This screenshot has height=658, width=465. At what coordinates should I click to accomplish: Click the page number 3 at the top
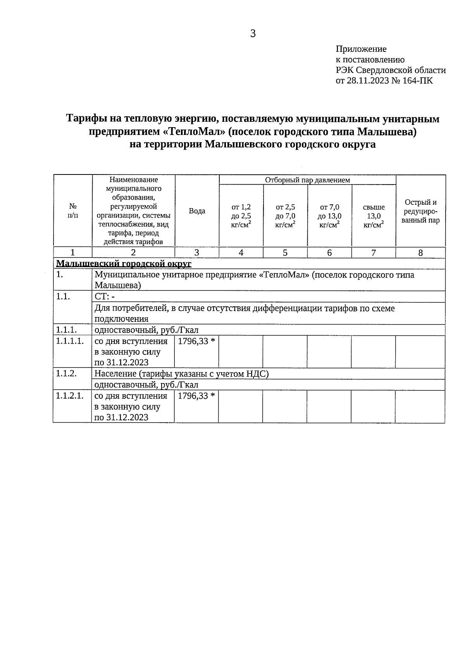253,34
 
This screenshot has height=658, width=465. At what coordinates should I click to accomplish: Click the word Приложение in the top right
361,49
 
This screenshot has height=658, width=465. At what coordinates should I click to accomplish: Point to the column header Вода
197,211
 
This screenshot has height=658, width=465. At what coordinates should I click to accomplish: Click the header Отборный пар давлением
307,180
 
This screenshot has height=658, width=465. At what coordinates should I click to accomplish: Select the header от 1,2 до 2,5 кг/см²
241,216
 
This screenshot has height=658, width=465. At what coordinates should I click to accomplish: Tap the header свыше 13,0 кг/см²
374,216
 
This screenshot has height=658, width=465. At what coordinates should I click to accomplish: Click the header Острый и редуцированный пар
420,211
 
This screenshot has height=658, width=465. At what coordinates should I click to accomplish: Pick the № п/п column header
73,211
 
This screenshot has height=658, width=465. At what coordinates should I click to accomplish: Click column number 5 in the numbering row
285,253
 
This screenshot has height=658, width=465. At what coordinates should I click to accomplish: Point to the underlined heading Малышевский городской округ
124,264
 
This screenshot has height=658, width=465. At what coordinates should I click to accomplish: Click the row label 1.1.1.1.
70,342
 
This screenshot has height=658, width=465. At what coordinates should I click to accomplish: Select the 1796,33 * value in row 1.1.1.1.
196,342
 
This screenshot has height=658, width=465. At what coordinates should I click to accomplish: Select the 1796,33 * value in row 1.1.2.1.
196,396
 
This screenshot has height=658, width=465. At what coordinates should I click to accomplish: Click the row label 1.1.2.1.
70,396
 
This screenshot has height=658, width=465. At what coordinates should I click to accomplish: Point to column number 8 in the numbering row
420,253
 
